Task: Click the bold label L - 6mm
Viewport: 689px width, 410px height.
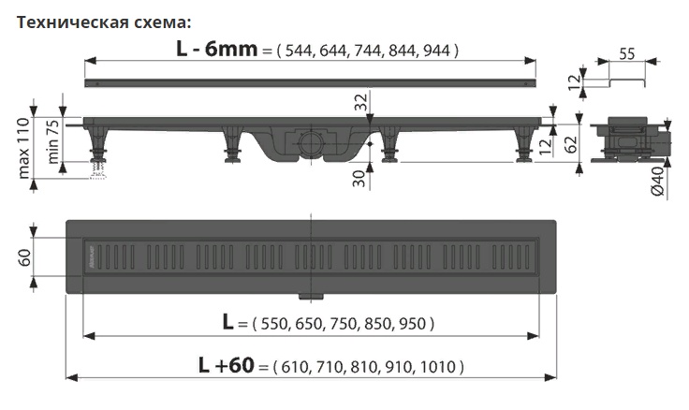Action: point(216,50)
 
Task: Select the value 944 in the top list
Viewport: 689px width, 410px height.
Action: point(437,51)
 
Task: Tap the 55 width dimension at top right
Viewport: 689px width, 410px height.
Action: point(627,53)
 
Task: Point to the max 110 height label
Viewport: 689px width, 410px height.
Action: point(23,148)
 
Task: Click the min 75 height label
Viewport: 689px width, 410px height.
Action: point(52,142)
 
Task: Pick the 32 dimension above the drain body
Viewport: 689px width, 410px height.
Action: point(360,102)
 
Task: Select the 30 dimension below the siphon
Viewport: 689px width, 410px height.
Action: point(359,179)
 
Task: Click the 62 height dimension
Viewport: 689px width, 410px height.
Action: point(571,144)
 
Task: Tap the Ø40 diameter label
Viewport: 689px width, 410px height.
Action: point(657,182)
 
